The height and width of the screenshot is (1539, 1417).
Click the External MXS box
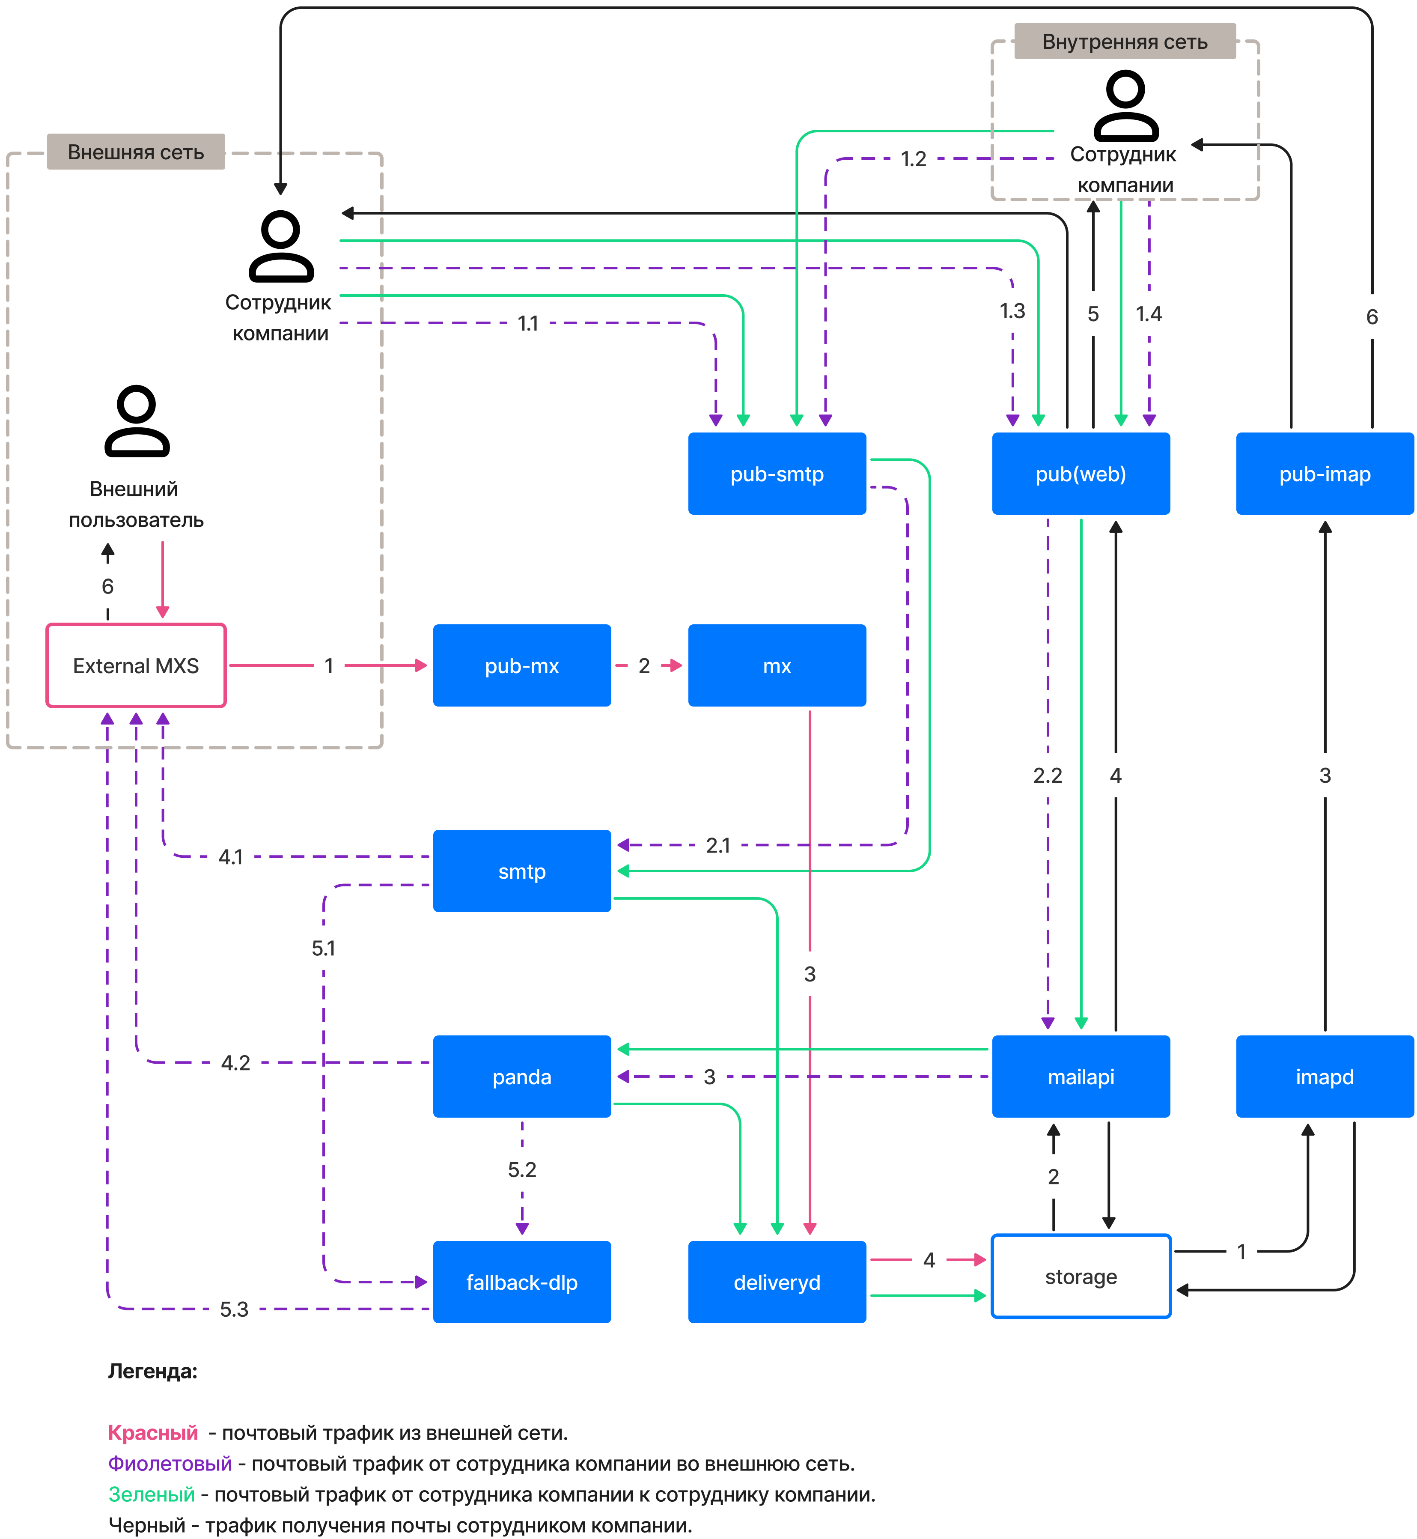click(136, 665)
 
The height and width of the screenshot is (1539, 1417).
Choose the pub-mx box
click(521, 665)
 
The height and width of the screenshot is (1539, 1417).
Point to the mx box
click(777, 665)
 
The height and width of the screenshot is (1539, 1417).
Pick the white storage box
click(1081, 1276)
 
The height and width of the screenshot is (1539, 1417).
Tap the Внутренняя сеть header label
click(1124, 42)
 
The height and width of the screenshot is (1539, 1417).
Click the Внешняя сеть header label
click(136, 152)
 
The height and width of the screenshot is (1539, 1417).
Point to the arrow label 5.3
click(234, 1309)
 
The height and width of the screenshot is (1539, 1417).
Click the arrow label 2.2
click(1048, 775)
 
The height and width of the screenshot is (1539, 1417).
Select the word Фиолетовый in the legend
click(170, 1463)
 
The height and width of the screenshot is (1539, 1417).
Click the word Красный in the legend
click(152, 1432)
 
